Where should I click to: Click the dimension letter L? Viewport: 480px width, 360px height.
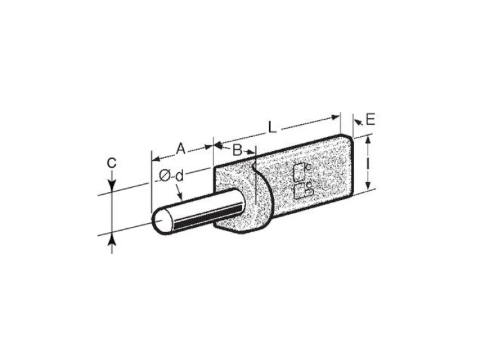(272, 127)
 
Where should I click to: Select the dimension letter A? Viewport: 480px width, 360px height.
(181, 149)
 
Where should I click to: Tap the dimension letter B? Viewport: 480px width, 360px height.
(238, 150)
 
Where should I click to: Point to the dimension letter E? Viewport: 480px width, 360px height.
(370, 119)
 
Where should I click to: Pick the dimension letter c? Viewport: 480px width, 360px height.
(112, 163)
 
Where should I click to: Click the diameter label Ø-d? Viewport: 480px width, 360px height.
(172, 176)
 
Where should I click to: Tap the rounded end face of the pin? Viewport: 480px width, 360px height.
(162, 221)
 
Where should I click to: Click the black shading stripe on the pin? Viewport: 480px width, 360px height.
(208, 217)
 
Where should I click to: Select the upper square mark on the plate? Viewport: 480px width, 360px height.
(299, 172)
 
